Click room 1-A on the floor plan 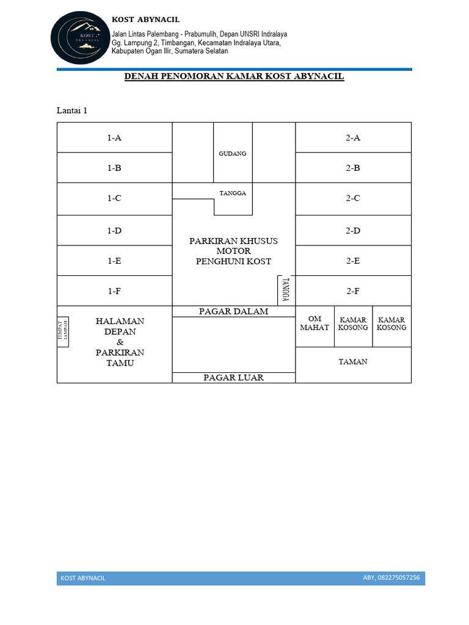[114, 138]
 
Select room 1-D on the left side [114, 231]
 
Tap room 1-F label [114, 291]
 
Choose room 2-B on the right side [353, 168]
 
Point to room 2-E [353, 261]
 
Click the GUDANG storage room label [233, 154]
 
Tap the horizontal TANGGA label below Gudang [233, 193]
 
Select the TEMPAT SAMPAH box [63, 332]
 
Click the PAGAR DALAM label [233, 311]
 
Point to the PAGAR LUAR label [233, 378]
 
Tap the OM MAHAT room [314, 323]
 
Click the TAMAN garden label [353, 362]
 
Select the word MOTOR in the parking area [233, 251]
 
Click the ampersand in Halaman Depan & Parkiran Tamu [120, 342]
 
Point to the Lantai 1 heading [72, 110]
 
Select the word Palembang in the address [158, 34]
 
